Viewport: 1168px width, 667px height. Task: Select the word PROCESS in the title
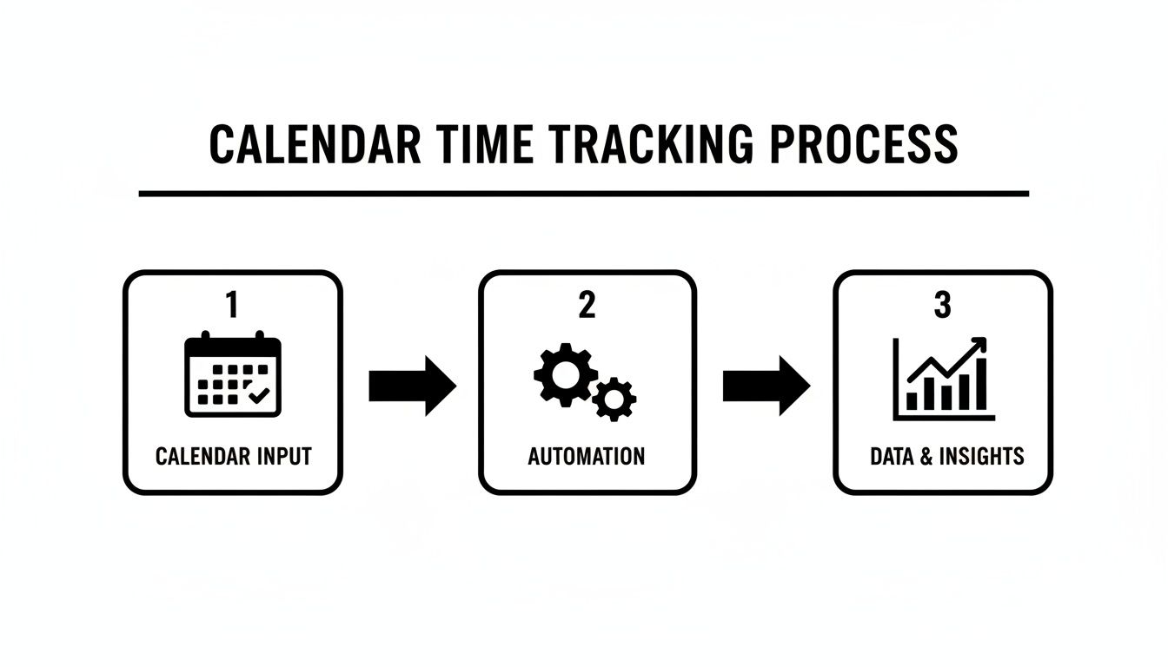tap(864, 145)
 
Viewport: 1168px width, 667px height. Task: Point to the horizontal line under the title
tap(583, 194)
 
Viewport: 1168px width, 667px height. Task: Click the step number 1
tap(232, 305)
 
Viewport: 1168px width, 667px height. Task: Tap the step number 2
tap(587, 305)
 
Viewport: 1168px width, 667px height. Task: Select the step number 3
tap(942, 305)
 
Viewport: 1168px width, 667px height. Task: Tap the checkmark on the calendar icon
tap(258, 393)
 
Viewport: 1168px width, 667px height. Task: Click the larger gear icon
tap(565, 374)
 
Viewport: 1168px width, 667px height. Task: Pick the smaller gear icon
tap(615, 399)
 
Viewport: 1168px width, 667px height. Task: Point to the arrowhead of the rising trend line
tap(980, 345)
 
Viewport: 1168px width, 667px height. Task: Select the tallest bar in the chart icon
tap(980, 384)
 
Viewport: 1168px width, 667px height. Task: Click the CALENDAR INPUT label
tap(233, 456)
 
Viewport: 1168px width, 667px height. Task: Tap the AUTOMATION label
tap(587, 456)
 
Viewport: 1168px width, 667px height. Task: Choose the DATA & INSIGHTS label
tap(947, 456)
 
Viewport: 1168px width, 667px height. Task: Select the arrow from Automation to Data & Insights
tap(766, 385)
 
